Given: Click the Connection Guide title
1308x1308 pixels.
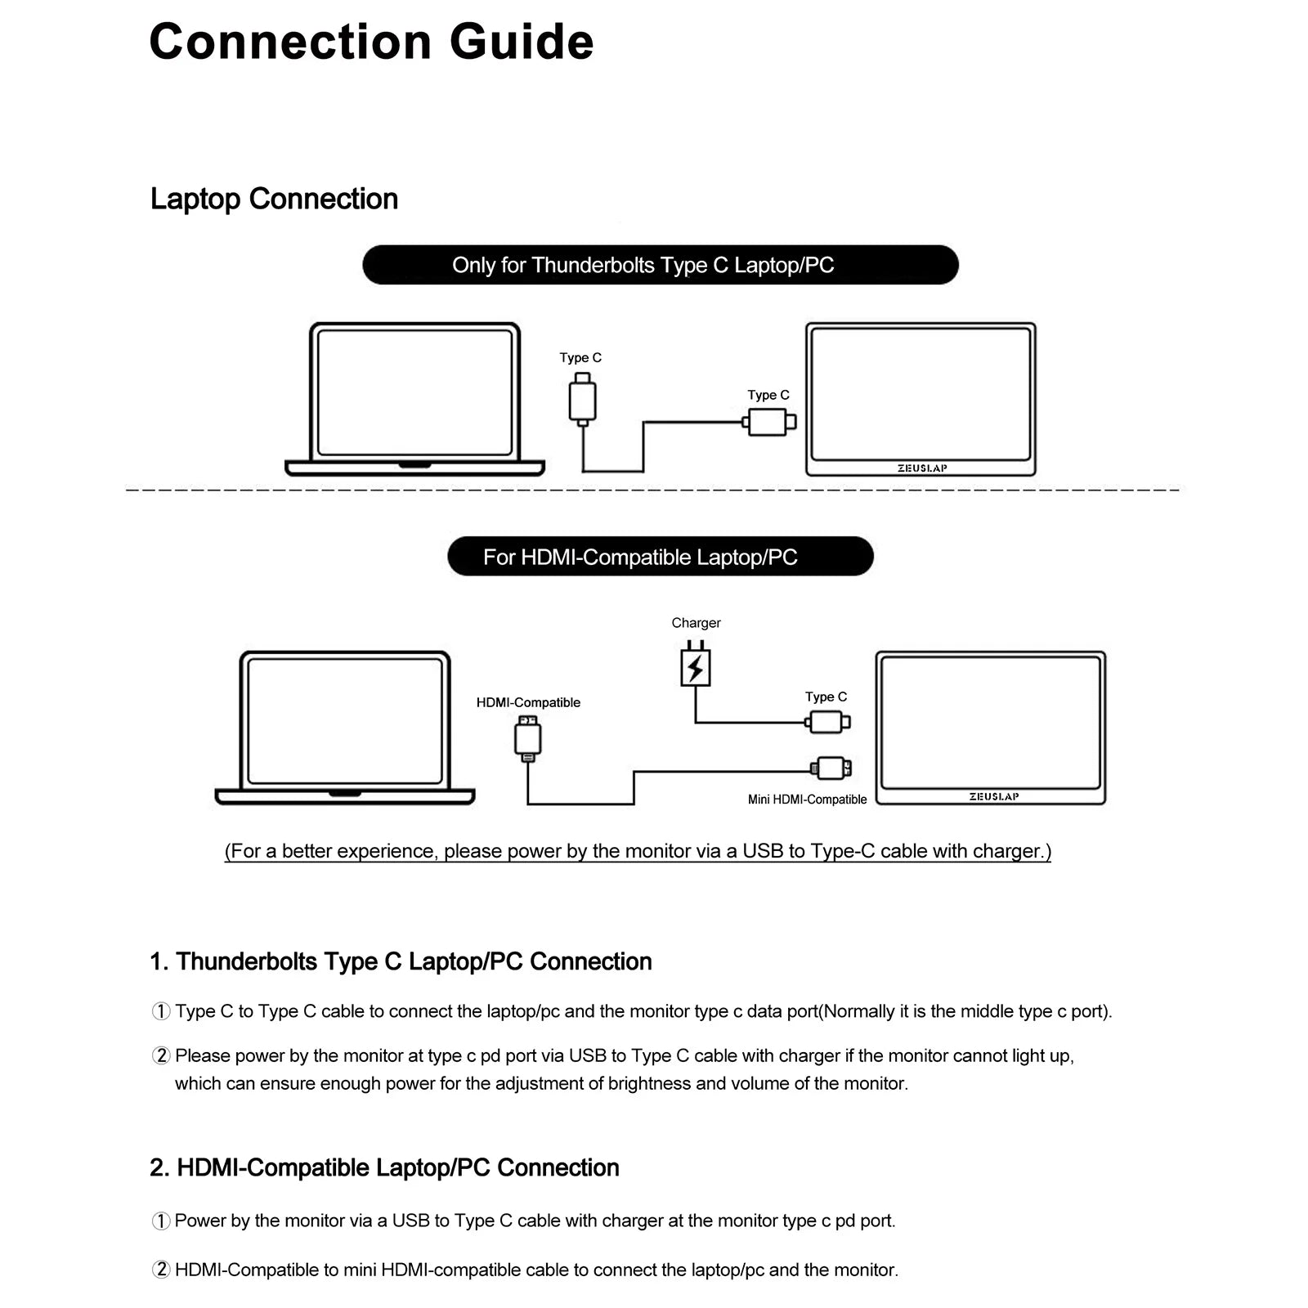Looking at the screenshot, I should coord(371,42).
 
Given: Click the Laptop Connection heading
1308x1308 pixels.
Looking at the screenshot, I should coord(274,199).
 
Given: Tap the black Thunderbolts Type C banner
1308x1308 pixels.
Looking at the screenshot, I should coord(660,265).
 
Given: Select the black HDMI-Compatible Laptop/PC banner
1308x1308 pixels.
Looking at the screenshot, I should coord(660,557).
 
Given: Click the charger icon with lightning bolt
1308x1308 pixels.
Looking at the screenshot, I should coord(696,667).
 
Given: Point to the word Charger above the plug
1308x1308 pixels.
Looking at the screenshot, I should coord(696,623).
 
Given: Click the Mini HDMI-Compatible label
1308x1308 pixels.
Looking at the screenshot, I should coord(807,800).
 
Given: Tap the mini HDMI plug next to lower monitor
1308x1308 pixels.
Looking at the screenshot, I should coord(831,768).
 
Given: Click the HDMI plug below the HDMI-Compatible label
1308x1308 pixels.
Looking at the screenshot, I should coord(528,738).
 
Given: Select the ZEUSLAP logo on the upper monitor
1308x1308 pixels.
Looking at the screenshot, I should coord(922,468).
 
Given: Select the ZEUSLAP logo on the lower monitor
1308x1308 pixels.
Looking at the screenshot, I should coord(994,797).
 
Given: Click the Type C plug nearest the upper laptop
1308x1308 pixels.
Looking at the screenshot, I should coord(582,400).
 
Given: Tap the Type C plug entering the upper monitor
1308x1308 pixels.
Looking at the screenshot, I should coord(769,423).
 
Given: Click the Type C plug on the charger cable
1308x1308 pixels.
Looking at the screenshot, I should coord(827,722).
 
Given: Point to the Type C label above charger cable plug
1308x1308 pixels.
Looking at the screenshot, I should coord(826,697).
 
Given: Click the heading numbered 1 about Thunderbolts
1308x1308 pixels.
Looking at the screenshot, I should coord(401,961).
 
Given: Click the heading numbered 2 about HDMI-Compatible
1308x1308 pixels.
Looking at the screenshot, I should coord(384,1167).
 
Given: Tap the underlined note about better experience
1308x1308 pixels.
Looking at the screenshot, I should coord(638,851).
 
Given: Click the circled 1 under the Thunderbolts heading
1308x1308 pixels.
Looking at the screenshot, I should coord(161,1011).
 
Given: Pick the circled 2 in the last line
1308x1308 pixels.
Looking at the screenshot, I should coord(161,1270).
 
